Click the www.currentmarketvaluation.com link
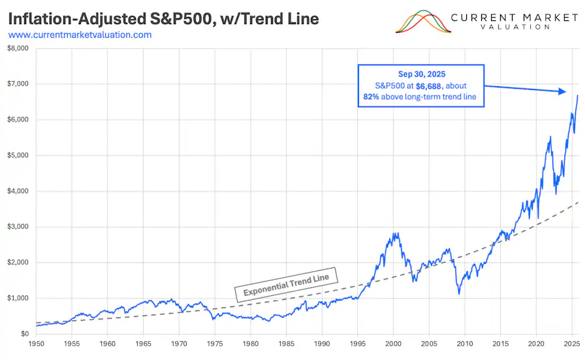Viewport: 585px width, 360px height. (x=80, y=35)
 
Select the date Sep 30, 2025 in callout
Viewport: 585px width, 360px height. (x=420, y=74)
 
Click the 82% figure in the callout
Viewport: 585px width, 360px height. (x=372, y=97)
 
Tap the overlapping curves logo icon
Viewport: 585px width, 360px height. (x=424, y=22)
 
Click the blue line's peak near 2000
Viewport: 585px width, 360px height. (x=394, y=233)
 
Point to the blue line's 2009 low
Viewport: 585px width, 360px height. (x=459, y=294)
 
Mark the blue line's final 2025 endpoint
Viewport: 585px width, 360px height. (x=577, y=95)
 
